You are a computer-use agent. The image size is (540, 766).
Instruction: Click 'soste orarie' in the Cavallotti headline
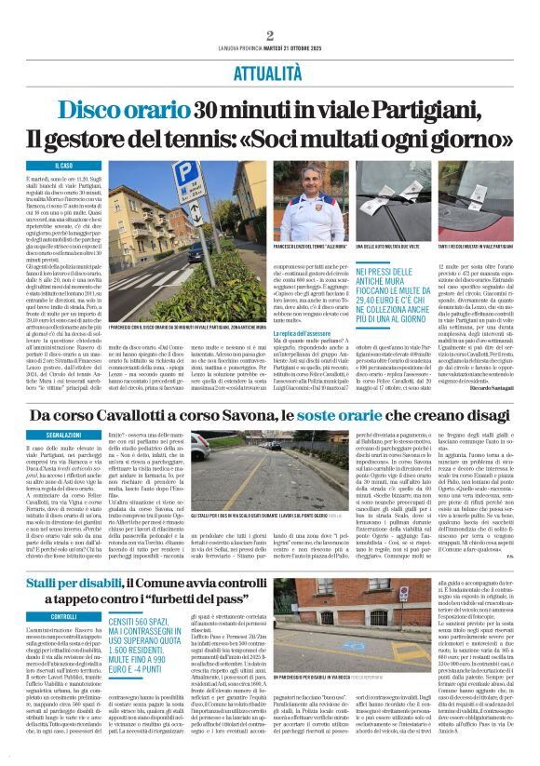tap(364, 413)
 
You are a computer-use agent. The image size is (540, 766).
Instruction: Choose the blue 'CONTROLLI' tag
tap(64, 616)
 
